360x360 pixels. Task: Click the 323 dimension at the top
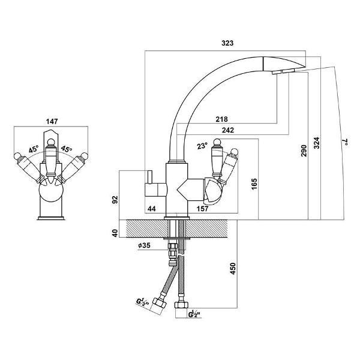click(227, 44)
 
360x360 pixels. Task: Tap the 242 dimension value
click(227, 130)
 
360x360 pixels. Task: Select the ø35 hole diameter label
click(143, 245)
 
